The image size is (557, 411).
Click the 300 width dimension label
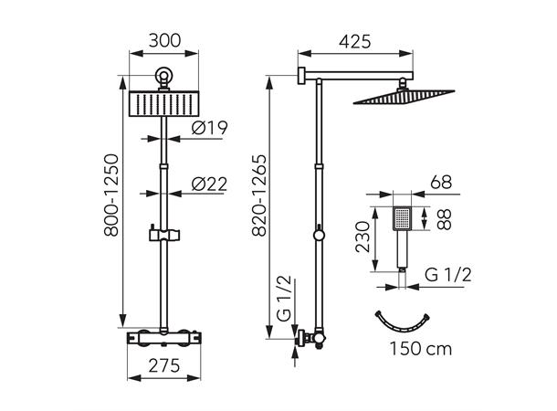[x=164, y=40]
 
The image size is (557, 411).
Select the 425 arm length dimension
[x=360, y=40]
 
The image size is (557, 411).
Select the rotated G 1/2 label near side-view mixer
[x=285, y=301]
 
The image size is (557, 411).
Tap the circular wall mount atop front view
[x=164, y=79]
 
